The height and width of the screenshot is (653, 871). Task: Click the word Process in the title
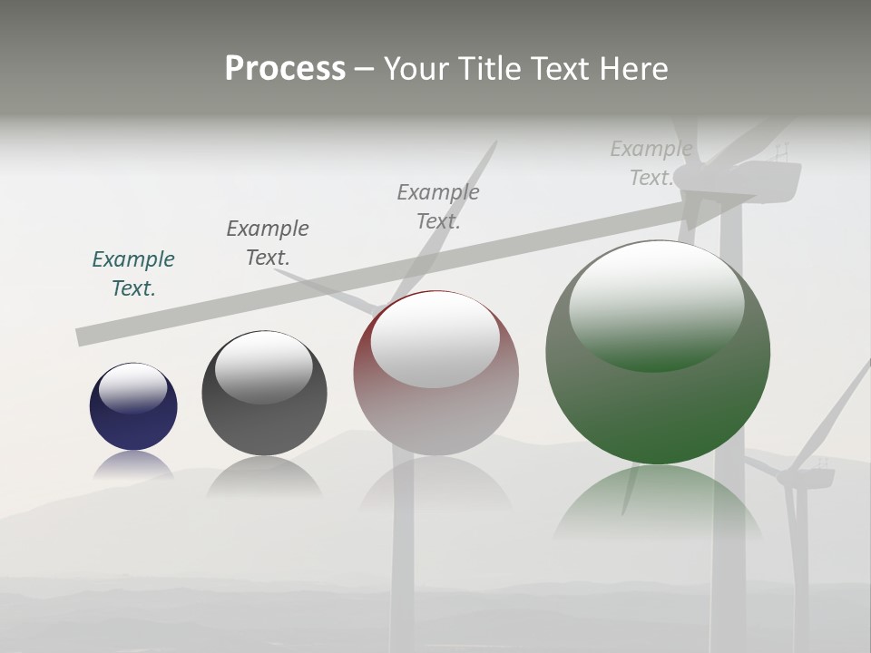click(285, 69)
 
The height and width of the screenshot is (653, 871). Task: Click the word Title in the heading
click(488, 69)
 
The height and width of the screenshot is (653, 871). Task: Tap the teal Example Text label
click(133, 273)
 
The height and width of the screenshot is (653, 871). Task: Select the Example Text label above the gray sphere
click(268, 242)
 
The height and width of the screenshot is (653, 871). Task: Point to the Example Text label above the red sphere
click(438, 206)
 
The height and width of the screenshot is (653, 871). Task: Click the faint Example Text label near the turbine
click(651, 163)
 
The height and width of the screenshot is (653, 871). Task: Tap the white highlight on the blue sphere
click(133, 387)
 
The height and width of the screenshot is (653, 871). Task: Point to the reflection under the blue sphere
click(133, 464)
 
